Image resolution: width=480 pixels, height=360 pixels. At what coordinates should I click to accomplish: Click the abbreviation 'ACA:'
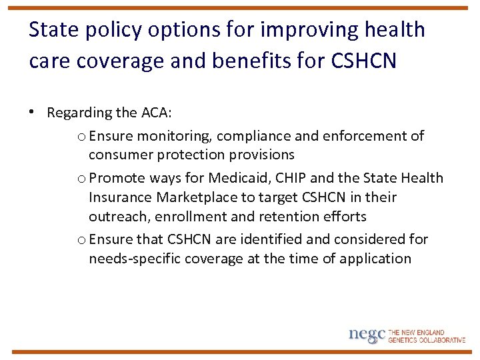pos(157,113)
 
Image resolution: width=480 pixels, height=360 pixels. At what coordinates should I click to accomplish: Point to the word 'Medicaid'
pos(235,178)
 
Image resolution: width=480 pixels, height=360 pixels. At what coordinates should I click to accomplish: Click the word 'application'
pos(375,259)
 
